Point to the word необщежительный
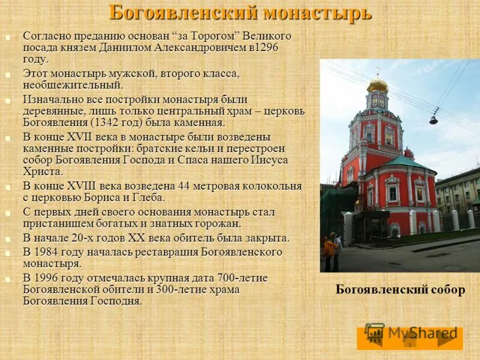point(73,85)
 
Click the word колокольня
point(274,186)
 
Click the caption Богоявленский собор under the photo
point(400,290)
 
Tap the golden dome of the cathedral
point(377,86)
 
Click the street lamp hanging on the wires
point(433,119)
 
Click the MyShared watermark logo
point(412,334)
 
